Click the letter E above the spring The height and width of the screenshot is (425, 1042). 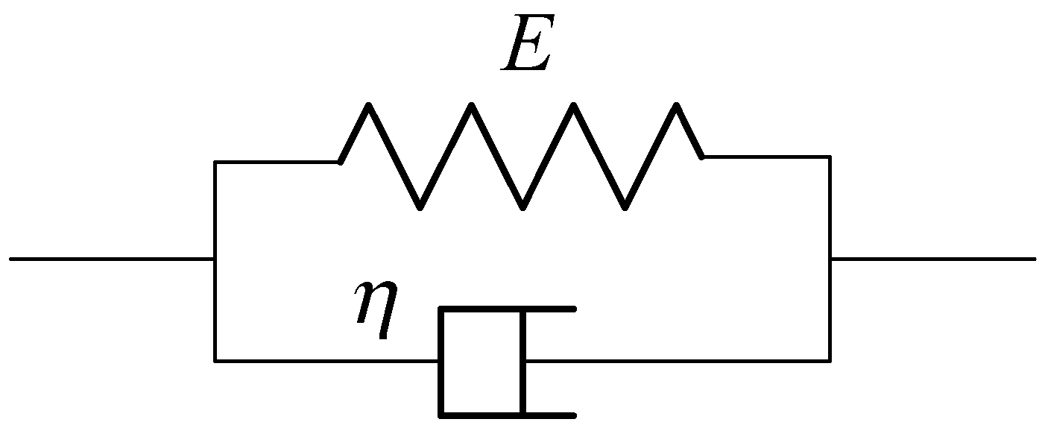528,43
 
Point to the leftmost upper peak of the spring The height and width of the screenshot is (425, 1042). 368,105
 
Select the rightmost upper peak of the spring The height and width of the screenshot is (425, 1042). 676,105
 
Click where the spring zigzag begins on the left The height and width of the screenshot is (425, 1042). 340,162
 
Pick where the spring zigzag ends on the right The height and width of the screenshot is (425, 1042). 702,157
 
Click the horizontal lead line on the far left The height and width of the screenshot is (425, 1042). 112,259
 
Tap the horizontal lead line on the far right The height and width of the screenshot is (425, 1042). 933,259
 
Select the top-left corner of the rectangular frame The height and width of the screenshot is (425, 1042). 215,162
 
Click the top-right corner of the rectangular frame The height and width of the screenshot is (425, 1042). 830,157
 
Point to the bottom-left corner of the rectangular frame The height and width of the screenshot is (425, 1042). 215,360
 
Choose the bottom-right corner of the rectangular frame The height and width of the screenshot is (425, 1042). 830,360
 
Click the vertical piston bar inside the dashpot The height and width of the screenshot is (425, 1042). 522,362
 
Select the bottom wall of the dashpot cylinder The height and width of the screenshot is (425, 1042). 508,415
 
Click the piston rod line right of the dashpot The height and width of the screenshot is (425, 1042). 678,360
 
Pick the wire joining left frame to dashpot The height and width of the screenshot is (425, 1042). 326,360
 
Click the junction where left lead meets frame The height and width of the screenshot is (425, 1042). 215,259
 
